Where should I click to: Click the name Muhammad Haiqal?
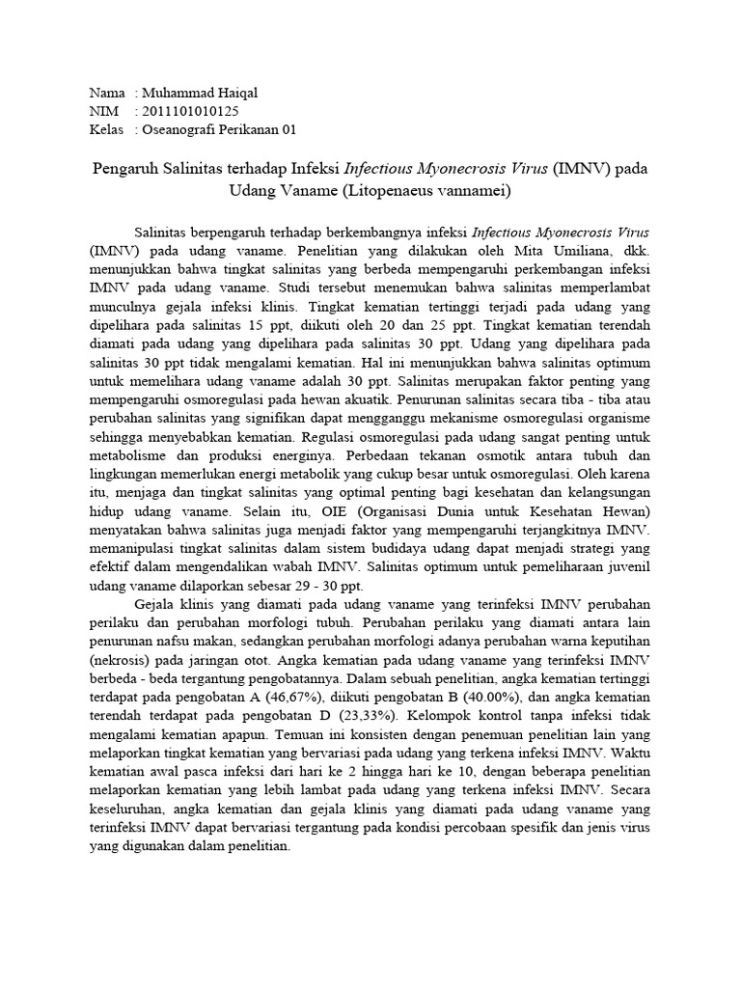(200, 93)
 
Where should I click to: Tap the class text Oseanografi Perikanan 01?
(220, 129)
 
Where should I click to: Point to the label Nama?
(107, 93)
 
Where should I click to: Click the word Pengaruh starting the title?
(127, 168)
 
